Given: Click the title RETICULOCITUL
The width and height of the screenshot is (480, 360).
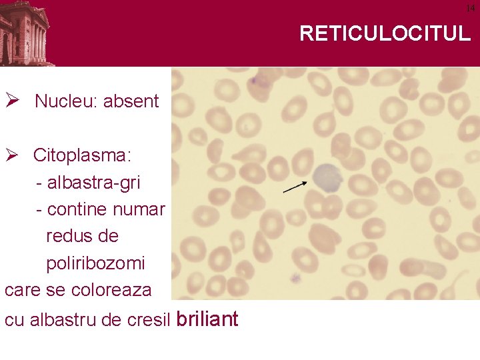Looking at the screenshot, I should pyautogui.click(x=385, y=33).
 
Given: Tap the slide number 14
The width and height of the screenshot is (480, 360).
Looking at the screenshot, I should pyautogui.click(x=470, y=7).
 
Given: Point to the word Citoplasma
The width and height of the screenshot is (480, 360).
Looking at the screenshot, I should pyautogui.click(x=82, y=156).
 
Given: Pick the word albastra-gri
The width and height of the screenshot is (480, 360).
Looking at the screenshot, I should pyautogui.click(x=94, y=182).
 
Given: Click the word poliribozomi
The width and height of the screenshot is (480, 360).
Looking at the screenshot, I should pyautogui.click(x=95, y=263).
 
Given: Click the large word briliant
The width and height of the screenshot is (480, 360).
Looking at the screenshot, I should pyautogui.click(x=207, y=319).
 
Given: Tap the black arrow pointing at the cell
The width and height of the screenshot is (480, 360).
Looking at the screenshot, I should pyautogui.click(x=295, y=186).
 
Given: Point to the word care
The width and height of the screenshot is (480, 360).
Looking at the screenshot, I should pyautogui.click(x=19, y=291).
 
